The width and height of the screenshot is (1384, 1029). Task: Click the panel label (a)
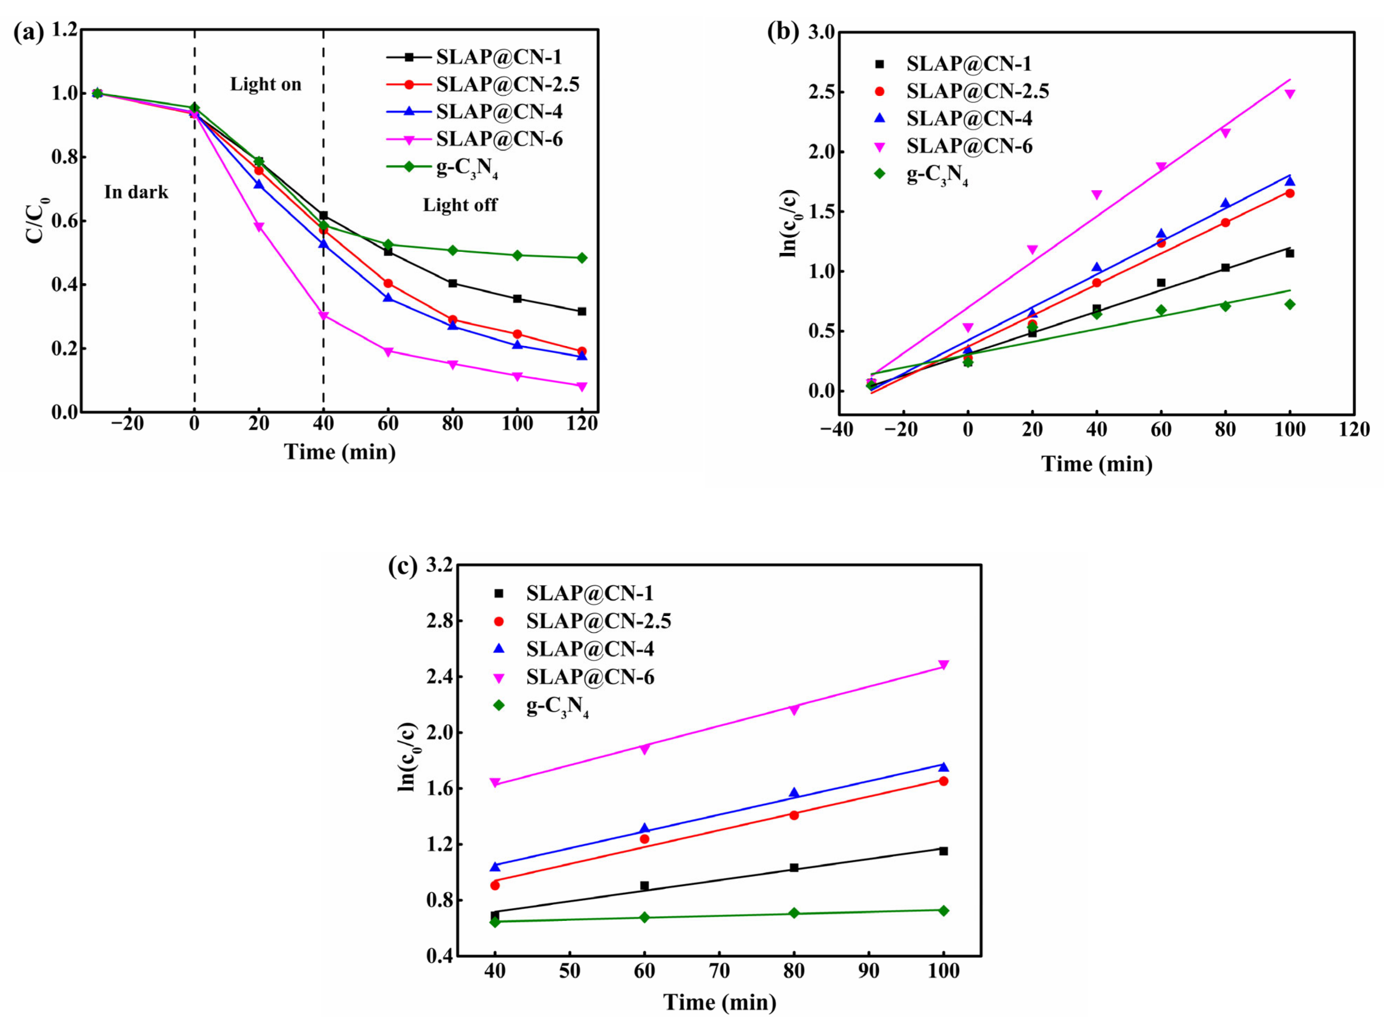[x=29, y=32]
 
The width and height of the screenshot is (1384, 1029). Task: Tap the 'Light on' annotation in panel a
[x=266, y=84]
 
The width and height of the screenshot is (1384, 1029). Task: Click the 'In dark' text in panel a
[x=136, y=192]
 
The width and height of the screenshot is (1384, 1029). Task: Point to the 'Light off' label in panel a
[x=460, y=205]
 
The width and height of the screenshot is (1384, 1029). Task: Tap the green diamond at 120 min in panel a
[x=581, y=258]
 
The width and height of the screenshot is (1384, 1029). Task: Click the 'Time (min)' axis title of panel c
[x=720, y=1002]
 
